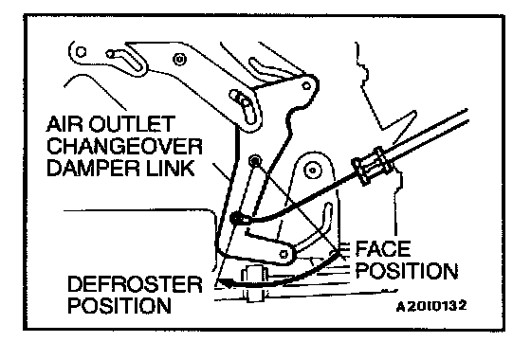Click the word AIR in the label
pyautogui.click(x=64, y=124)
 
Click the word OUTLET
pyautogui.click(x=132, y=124)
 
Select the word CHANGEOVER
pyautogui.click(x=124, y=146)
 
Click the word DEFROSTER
pyautogui.click(x=135, y=284)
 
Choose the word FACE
pyautogui.click(x=383, y=249)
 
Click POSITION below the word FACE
pyautogui.click(x=407, y=271)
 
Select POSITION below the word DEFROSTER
pyautogui.click(x=119, y=305)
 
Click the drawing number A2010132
pyautogui.click(x=431, y=306)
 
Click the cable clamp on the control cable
pyautogui.click(x=373, y=166)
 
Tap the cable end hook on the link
pyautogui.click(x=241, y=219)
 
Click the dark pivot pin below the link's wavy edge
pyautogui.click(x=255, y=160)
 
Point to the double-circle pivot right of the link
pyautogui.click(x=312, y=171)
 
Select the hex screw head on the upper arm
pyautogui.click(x=179, y=60)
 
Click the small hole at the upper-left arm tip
pyautogui.click(x=81, y=52)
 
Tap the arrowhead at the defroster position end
pyautogui.click(x=227, y=283)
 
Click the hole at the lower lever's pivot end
pyautogui.click(x=284, y=254)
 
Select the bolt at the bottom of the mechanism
pyautogui.click(x=254, y=283)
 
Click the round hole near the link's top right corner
pyautogui.click(x=306, y=86)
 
